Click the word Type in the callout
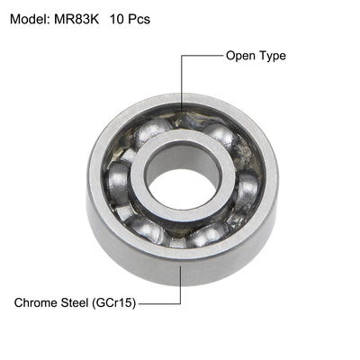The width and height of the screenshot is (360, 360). coord(272,56)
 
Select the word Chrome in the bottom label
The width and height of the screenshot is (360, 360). coord(37,302)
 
